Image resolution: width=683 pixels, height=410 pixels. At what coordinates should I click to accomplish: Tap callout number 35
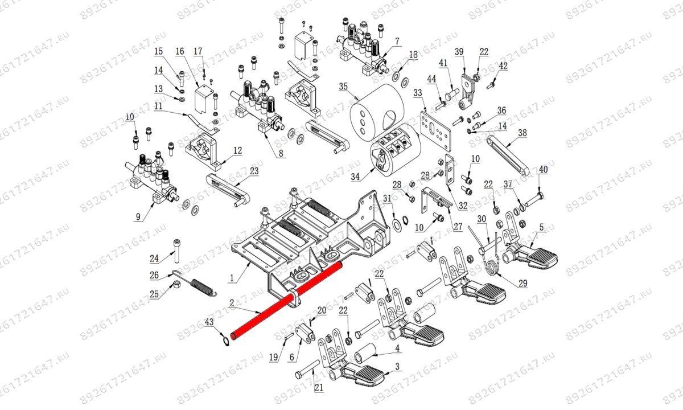pyautogui.click(x=343, y=87)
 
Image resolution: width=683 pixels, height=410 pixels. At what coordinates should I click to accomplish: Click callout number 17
pyautogui.click(x=198, y=52)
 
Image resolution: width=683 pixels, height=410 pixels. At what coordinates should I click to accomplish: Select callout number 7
pyautogui.click(x=397, y=42)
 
